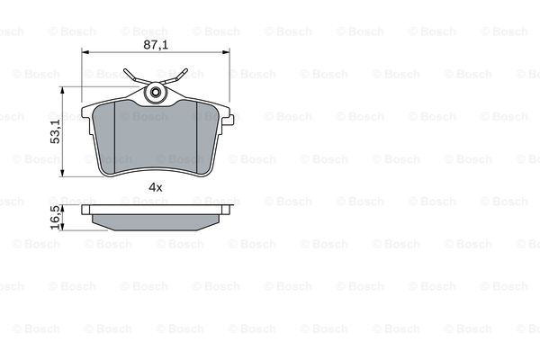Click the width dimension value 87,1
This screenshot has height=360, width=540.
(x=156, y=45)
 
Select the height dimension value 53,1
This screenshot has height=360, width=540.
(x=55, y=131)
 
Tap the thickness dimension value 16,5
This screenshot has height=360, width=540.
(x=55, y=218)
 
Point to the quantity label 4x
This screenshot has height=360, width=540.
(x=156, y=187)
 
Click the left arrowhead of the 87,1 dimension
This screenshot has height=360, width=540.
(x=85, y=52)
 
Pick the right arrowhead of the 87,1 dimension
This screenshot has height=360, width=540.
(x=226, y=52)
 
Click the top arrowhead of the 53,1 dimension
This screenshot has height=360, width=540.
(x=62, y=90)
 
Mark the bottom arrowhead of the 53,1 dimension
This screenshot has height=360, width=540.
(x=62, y=174)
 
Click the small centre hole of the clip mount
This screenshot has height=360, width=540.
(x=156, y=93)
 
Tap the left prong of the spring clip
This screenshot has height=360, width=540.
(x=132, y=76)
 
